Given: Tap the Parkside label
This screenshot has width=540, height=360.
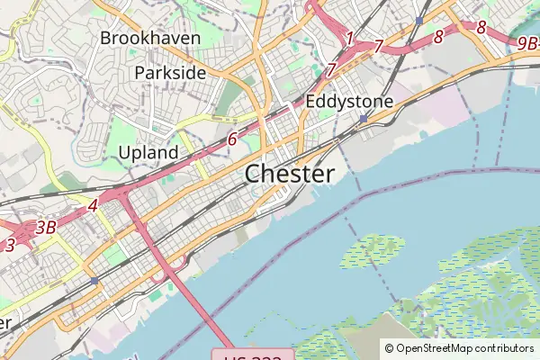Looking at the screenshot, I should [170, 72].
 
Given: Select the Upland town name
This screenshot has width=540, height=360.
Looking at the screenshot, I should [148, 153].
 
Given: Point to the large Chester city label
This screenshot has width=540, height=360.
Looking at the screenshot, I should [290, 173].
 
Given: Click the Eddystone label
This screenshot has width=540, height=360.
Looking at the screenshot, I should [349, 102].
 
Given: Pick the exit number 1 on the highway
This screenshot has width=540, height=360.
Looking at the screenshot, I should [349, 38].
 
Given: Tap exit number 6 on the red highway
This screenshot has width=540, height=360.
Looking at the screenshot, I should [232, 139].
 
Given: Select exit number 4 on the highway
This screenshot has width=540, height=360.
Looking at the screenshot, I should [93, 206].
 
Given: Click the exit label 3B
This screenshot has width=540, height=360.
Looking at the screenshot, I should [46, 228].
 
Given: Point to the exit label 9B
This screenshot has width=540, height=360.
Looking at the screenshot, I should [526, 41].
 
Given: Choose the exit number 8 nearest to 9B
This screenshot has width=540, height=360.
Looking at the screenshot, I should [481, 28].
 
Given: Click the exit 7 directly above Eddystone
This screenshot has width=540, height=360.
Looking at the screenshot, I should [332, 69].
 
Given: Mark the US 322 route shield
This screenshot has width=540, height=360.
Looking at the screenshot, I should [253, 355].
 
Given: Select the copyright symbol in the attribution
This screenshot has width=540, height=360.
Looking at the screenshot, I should [389, 347].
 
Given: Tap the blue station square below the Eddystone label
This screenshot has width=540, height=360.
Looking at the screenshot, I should [363, 118].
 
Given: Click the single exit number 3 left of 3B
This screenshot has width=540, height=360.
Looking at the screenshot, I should [10, 244].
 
